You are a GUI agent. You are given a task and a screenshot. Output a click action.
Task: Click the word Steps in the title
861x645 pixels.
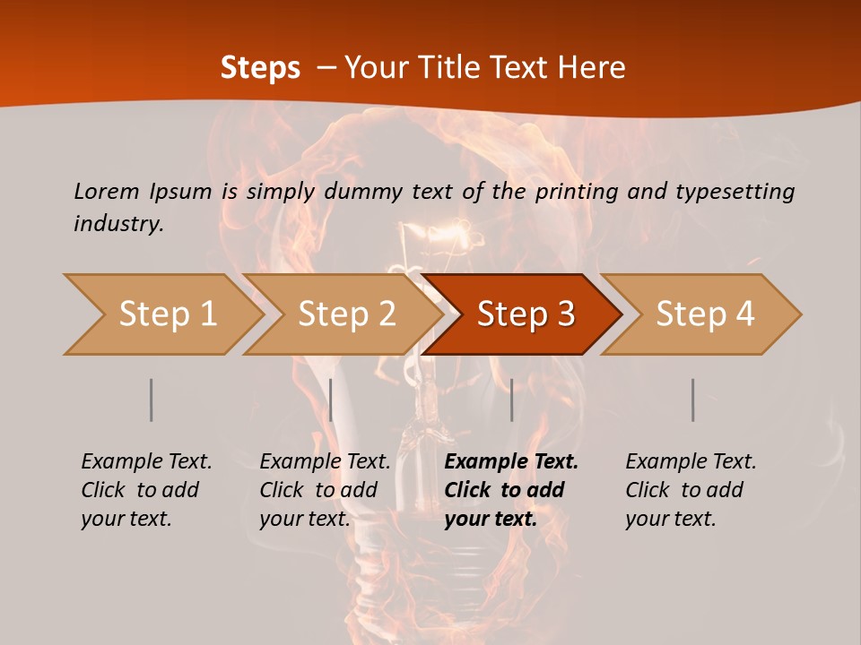260,67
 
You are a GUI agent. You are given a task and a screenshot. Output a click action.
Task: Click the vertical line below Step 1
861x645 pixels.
151,400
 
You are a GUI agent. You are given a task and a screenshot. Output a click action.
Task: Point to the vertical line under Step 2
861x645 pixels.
331,400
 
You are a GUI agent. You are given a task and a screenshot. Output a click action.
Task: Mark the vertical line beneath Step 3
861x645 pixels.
511,400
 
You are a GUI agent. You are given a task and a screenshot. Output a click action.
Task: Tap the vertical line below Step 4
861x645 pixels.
692,400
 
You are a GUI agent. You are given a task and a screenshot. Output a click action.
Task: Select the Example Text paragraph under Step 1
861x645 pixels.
146,490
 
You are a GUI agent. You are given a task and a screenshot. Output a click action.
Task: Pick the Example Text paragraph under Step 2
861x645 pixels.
325,490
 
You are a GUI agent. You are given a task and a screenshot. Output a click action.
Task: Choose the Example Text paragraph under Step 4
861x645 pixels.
691,490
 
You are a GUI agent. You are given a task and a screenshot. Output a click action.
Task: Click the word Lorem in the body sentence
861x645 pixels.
107,191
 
